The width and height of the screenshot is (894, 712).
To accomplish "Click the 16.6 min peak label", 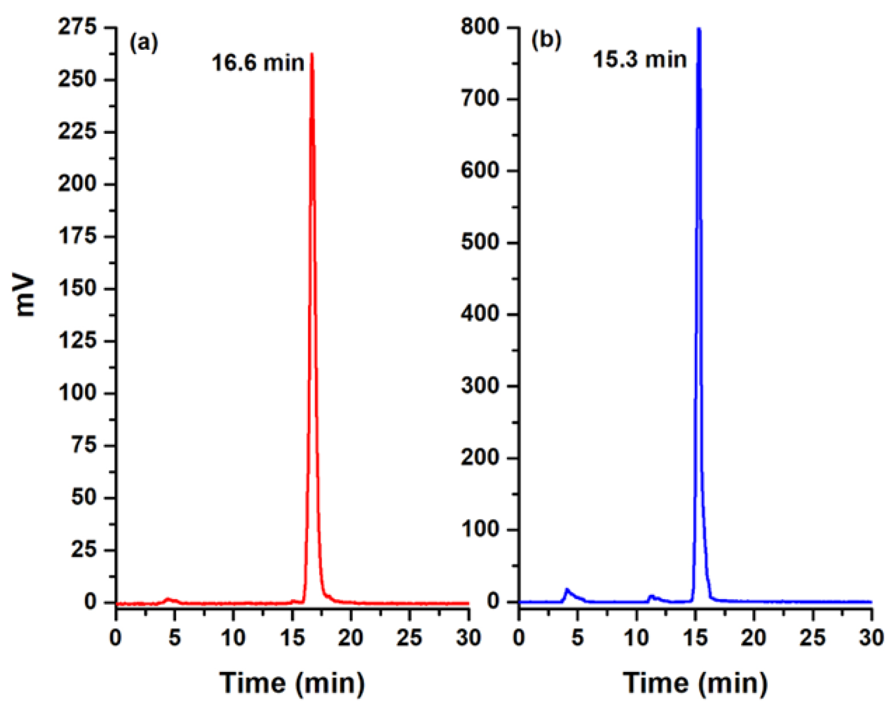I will [x=258, y=63].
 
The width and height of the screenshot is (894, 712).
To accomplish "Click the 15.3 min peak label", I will [x=639, y=60].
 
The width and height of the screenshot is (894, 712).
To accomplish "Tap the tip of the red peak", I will [x=312, y=54].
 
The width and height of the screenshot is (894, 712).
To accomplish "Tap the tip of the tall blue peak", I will [x=698, y=29].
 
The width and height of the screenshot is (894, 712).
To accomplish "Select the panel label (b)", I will [x=546, y=40].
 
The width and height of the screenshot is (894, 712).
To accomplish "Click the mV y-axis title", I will [x=25, y=296].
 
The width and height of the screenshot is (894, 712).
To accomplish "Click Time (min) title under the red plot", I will [x=292, y=683].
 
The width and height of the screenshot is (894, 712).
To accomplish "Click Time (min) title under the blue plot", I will [x=695, y=683].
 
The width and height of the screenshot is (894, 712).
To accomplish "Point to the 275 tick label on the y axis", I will [x=77, y=27].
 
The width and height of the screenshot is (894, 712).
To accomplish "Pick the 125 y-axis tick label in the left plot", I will [x=77, y=340].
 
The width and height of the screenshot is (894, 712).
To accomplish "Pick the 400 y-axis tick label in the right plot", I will [x=480, y=314].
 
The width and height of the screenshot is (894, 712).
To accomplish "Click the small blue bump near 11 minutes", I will [x=652, y=596].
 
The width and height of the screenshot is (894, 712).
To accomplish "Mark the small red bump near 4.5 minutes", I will [x=168, y=599].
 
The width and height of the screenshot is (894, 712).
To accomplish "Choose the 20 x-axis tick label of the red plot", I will [x=351, y=638].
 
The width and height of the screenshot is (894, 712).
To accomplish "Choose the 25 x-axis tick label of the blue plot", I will [x=812, y=638].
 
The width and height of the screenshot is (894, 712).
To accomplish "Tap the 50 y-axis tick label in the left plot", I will [x=83, y=497].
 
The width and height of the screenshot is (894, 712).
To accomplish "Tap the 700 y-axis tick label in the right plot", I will [x=480, y=99].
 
